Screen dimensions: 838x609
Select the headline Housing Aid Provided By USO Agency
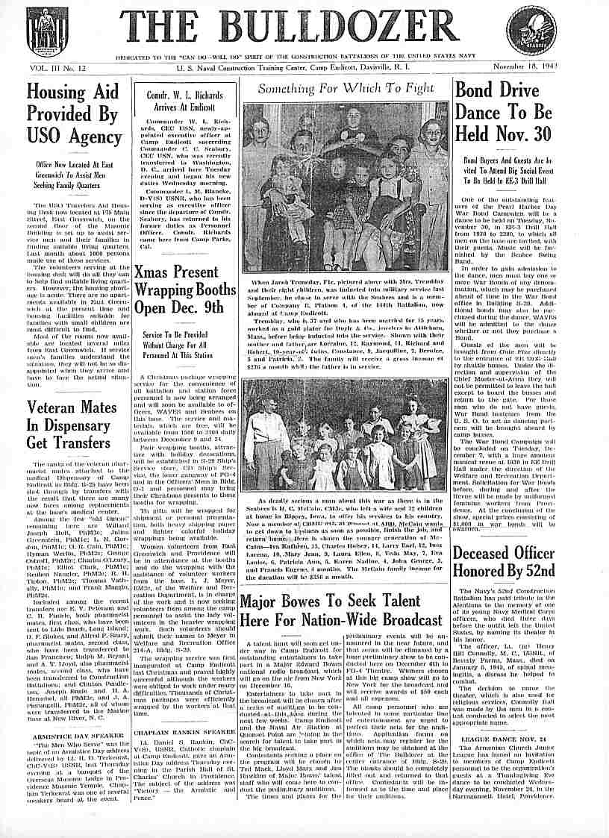click(73, 113)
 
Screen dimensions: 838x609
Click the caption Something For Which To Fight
click(346, 88)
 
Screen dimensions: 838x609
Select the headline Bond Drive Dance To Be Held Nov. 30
click(504, 113)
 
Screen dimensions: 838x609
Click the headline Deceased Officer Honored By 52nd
click(504, 562)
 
